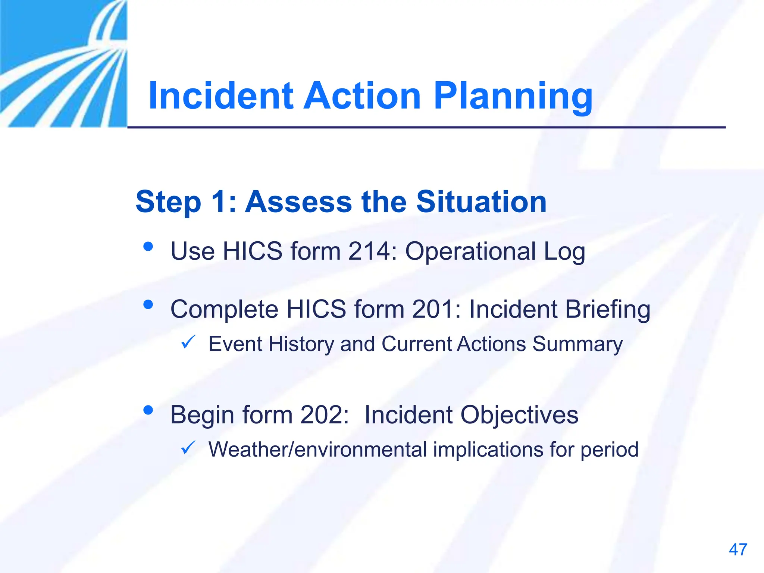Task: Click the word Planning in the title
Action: (513, 96)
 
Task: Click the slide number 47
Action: (738, 549)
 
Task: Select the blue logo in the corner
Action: (63, 63)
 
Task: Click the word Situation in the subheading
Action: (481, 202)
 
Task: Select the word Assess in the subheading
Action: (298, 202)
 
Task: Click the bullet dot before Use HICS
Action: (148, 247)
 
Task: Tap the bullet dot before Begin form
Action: (148, 410)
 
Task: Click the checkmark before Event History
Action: (188, 342)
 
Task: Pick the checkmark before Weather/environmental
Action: (188, 447)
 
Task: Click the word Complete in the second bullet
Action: (224, 310)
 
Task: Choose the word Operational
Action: (470, 252)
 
